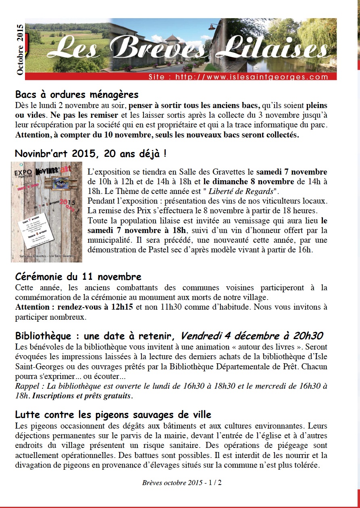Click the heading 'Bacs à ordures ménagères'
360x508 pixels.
77,95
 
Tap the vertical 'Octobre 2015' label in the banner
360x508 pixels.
20,49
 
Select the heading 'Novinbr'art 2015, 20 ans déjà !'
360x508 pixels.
91,154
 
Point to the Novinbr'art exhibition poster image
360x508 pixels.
46,212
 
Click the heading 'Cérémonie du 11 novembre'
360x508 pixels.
78,277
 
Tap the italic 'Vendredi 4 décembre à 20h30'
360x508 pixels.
252,336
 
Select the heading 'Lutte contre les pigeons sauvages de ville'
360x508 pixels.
113,415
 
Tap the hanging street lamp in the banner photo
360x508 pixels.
211,27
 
